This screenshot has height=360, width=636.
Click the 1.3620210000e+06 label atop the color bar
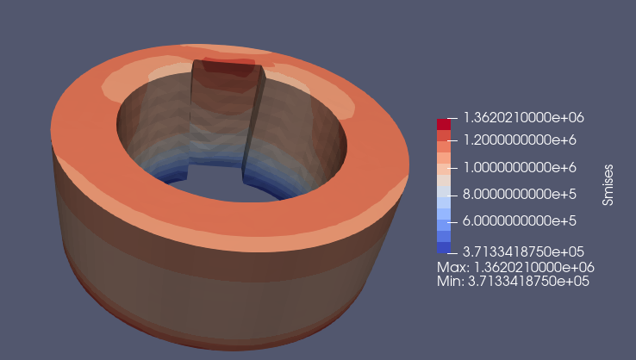523,118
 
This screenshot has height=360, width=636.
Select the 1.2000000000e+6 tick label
520,140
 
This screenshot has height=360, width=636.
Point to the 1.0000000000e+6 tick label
520,167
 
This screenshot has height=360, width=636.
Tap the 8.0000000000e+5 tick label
520,194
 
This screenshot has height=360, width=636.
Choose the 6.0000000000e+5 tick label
520,221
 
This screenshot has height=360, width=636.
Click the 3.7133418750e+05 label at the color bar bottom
523,251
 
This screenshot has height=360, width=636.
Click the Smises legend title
608,185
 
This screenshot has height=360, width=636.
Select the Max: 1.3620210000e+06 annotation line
515,267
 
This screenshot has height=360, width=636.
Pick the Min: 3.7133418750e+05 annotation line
513,281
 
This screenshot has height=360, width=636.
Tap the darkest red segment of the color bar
444,125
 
